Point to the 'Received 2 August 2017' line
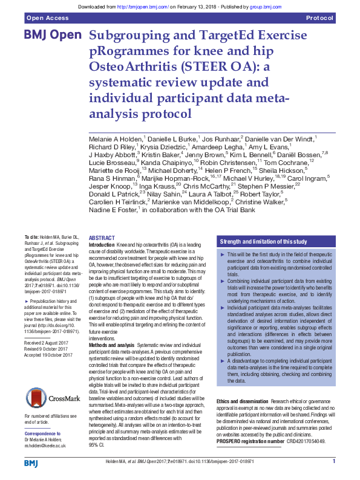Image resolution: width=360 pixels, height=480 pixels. (48, 342)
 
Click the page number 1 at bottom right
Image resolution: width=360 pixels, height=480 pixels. (333, 461)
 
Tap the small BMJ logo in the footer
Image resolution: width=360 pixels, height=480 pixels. (31, 463)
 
